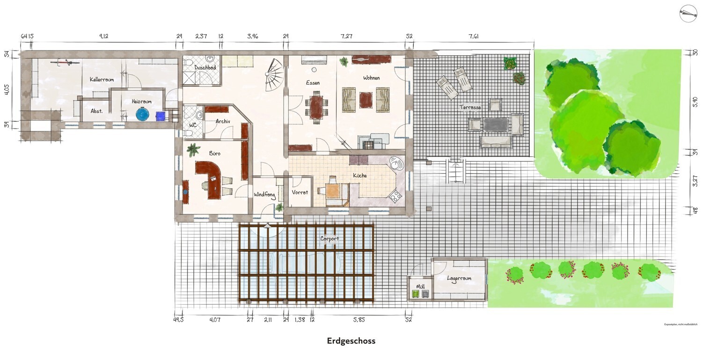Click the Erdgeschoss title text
(351, 341)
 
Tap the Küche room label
(360, 176)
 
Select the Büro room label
(214, 154)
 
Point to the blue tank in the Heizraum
(142, 114)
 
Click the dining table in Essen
(316, 107)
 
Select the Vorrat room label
(300, 192)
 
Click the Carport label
(329, 239)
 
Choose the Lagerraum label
(459, 278)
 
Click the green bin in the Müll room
(415, 294)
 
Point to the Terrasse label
(470, 107)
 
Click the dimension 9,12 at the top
(104, 36)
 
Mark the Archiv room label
(223, 121)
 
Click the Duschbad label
(205, 67)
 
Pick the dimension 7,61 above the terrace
(473, 36)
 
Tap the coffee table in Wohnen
(366, 99)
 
